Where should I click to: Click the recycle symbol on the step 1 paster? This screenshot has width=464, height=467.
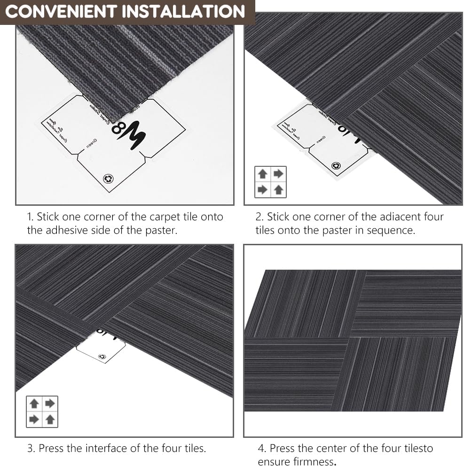click(108, 179)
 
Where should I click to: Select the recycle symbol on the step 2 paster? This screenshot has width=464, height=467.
click(336, 166)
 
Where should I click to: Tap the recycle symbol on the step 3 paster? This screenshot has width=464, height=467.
click(102, 357)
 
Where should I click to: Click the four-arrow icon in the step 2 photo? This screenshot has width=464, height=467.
click(270, 182)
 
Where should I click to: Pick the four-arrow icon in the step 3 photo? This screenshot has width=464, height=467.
click(42, 412)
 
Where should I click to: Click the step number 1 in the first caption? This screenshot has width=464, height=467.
click(30, 217)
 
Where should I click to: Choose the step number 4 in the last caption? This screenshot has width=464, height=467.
click(261, 448)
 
